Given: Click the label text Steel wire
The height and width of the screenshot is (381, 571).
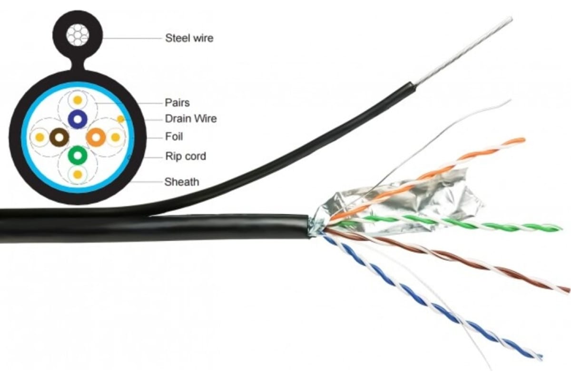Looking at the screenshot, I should pos(189,38).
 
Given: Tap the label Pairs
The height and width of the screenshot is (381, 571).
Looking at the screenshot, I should pos(177,102).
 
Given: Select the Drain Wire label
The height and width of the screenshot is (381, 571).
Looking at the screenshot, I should pos(190,119).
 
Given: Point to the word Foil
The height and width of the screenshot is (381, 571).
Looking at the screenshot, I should pos(174,137).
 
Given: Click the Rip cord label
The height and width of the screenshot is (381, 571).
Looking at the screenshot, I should pos(186,156).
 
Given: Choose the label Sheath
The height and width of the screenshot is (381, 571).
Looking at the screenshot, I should pos(181,181).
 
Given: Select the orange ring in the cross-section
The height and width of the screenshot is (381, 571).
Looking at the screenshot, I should pos(96,138).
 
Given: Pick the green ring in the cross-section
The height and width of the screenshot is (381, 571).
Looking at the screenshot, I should pos(77,155).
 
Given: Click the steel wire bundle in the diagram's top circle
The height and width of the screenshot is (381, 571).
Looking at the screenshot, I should pos(77,35).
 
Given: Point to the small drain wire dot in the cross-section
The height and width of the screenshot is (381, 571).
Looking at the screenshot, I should pos(121,119).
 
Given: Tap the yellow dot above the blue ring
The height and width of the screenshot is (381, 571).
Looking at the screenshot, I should pos(77,100).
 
